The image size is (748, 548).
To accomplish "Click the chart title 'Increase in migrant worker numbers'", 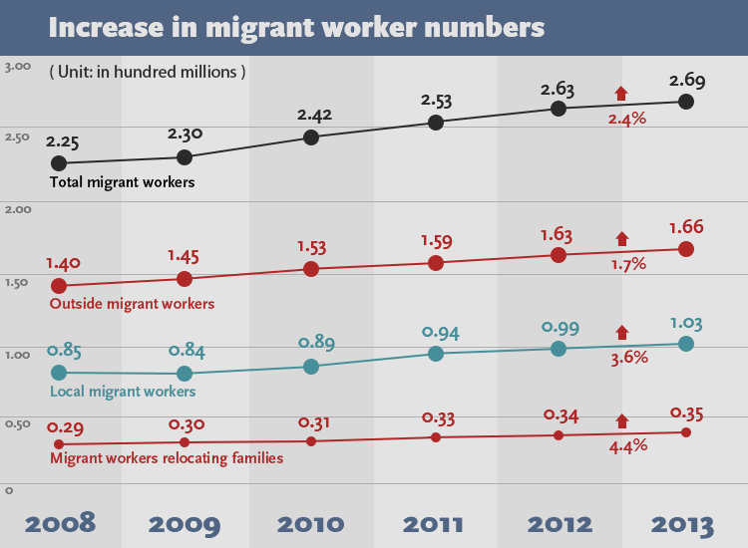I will tap(296, 27).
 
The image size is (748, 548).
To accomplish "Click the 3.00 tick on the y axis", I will tap(18, 67).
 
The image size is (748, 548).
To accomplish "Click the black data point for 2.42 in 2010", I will tap(311, 137).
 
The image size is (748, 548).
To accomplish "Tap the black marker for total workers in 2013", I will tap(685, 102).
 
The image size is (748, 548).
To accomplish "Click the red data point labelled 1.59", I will tap(436, 263).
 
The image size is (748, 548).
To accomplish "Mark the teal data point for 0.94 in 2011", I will tap(436, 354).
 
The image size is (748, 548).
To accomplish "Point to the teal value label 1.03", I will tap(685, 322).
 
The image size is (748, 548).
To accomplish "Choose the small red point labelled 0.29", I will tap(59, 443).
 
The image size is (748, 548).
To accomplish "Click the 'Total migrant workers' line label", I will tap(122, 182).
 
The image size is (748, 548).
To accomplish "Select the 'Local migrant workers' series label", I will tap(123, 392).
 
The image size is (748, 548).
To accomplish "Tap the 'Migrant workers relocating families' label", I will tap(167, 458).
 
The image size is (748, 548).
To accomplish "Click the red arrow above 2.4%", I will tap(621, 94).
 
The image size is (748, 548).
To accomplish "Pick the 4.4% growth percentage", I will tap(628, 445).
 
